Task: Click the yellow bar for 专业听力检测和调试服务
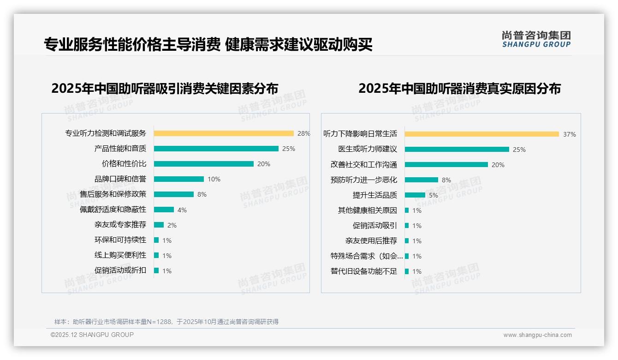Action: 224,133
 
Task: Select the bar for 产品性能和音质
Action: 216,149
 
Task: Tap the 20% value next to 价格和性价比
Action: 264,164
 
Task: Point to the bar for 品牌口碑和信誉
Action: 179,179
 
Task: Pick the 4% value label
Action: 182,210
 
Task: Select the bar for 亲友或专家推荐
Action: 159,225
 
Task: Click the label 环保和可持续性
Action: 120,240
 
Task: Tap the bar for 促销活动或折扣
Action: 156,270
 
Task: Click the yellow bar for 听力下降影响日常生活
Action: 482,134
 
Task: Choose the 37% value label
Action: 570,135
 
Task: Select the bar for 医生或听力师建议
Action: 457,150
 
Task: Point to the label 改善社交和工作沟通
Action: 364,165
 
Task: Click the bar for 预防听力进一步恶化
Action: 422,180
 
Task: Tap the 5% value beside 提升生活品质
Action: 434,195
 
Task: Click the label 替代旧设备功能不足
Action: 364,271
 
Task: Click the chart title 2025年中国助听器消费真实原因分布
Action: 459,89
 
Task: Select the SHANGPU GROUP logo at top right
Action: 536,39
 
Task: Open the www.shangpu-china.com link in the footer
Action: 537,335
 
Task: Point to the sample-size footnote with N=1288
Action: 166,322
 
